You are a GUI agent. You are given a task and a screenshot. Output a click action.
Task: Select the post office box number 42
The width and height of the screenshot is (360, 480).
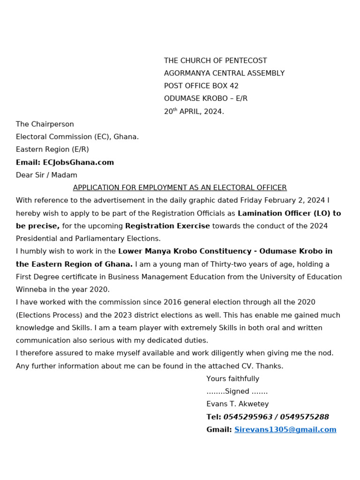pyautogui.click(x=233, y=86)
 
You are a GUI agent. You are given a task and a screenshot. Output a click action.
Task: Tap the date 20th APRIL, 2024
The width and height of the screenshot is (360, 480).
pyautogui.click(x=194, y=112)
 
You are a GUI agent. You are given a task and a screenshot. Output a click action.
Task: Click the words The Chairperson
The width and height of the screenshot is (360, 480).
pyautogui.click(x=45, y=124)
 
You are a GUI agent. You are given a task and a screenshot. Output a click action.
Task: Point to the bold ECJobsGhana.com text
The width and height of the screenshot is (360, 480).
pyautogui.click(x=78, y=162)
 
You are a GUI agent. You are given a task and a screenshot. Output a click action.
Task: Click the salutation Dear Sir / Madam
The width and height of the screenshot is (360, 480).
pyautogui.click(x=46, y=175)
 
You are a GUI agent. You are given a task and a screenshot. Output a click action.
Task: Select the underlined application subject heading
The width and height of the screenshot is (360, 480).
pyautogui.click(x=180, y=187)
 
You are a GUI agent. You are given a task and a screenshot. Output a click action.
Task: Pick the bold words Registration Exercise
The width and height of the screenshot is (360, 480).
pyautogui.click(x=167, y=226)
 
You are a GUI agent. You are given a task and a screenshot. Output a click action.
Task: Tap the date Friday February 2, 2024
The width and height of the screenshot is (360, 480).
pyautogui.click(x=283, y=200)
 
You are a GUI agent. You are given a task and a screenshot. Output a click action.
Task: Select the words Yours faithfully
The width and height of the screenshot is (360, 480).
pyautogui.click(x=232, y=379)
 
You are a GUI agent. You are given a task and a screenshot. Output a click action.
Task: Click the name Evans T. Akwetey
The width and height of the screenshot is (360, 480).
pyautogui.click(x=237, y=404)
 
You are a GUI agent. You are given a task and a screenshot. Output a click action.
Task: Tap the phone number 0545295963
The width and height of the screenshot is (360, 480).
pyautogui.click(x=248, y=417)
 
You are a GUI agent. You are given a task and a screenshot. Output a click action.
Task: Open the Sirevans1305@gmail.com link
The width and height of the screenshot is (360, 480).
pyautogui.click(x=285, y=429)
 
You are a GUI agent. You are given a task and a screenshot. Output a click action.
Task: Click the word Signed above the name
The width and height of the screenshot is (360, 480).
pyautogui.click(x=237, y=391)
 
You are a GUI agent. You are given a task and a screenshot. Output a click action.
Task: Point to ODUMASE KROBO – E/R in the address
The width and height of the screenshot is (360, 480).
pyautogui.click(x=205, y=98)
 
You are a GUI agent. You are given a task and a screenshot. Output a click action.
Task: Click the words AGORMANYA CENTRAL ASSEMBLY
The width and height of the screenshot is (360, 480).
pyautogui.click(x=224, y=73)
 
